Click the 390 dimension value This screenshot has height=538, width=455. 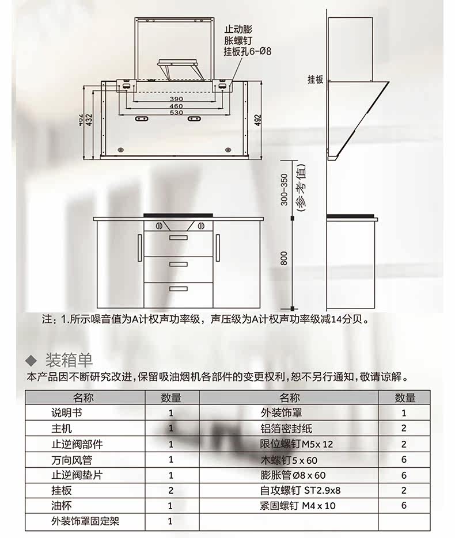pos(176,99)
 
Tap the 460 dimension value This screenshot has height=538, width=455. pos(176,106)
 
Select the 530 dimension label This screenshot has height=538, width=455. pos(176,113)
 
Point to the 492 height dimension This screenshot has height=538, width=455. pos(258,120)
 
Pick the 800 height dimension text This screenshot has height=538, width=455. pos(284,259)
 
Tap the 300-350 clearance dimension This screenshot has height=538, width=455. pos(284,189)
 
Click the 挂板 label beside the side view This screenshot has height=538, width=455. pos(315,80)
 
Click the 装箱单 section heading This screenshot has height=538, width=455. pos(69,360)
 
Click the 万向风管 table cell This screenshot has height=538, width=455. pos(71,460)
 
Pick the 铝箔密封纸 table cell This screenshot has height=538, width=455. pos(286,428)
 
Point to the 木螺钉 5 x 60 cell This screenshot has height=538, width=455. pos(289,460)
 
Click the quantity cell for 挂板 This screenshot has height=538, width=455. pos(170,491)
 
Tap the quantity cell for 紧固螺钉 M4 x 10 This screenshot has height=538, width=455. pos(404,506)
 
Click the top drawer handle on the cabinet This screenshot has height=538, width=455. pos(178,237)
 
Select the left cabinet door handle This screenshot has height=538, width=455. pos(139,246)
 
